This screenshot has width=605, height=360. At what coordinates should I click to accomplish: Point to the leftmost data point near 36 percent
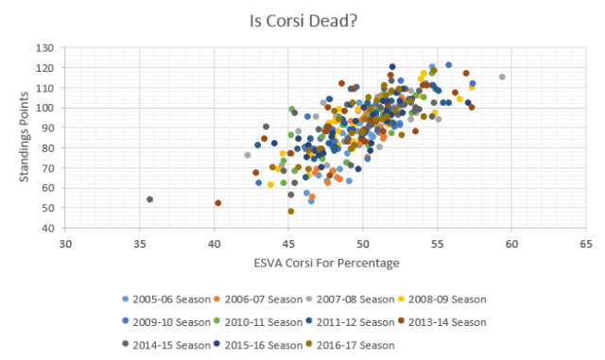tap(149, 199)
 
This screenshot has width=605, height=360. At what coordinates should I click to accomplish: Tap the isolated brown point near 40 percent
tap(217, 203)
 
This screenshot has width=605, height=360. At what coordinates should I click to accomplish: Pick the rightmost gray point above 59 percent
tap(502, 77)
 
